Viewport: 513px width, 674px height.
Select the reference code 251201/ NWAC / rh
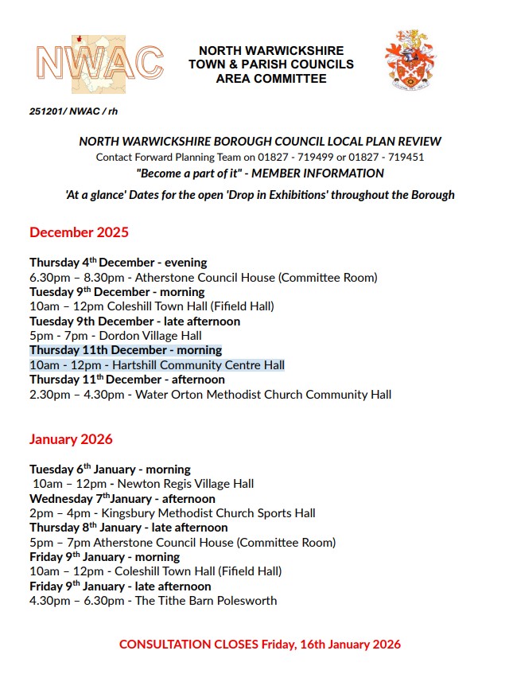pos(73,112)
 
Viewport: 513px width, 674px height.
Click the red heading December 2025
pos(79,232)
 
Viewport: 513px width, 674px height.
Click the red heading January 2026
pos(71,438)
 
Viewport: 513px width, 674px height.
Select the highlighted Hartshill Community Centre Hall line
pos(157,365)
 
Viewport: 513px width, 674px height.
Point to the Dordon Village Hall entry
pos(115,336)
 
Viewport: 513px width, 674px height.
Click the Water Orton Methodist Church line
pos(210,394)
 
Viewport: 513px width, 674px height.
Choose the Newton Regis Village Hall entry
pos(143,484)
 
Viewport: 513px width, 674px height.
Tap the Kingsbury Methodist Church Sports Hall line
pos(172,513)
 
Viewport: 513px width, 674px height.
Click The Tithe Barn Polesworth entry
pos(153,600)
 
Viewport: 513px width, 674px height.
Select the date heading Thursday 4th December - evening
pos(118,262)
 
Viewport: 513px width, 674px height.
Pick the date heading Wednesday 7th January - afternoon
pos(122,498)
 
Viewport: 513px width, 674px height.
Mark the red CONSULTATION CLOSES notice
pos(259,644)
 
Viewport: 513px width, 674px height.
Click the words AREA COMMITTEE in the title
pos(270,79)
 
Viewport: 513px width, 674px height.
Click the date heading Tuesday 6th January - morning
pos(110,469)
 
